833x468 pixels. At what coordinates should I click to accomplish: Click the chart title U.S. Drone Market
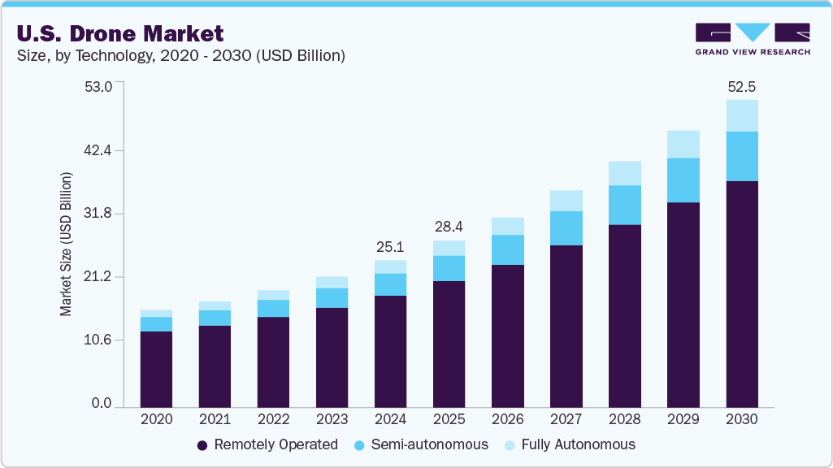point(119,34)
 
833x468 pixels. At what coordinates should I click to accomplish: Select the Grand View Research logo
point(752,39)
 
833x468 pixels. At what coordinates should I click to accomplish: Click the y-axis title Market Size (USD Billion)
point(66,245)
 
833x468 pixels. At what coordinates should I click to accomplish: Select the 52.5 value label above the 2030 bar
point(742,87)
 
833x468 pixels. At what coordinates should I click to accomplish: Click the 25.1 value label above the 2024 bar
point(390,246)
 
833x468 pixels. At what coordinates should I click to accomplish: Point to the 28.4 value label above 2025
point(449,225)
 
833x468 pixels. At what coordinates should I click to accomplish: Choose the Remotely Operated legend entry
point(267,444)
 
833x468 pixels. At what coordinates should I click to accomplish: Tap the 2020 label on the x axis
point(156,420)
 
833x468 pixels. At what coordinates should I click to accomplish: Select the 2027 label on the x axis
point(566,420)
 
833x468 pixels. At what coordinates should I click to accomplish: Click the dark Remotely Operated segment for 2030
point(742,292)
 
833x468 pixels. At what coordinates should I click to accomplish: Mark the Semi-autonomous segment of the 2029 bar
point(683,180)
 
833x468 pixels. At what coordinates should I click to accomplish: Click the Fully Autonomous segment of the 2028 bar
point(625,173)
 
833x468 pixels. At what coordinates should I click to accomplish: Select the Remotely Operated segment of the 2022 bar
point(273,362)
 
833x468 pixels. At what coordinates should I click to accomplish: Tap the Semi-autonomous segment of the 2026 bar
point(508,249)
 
